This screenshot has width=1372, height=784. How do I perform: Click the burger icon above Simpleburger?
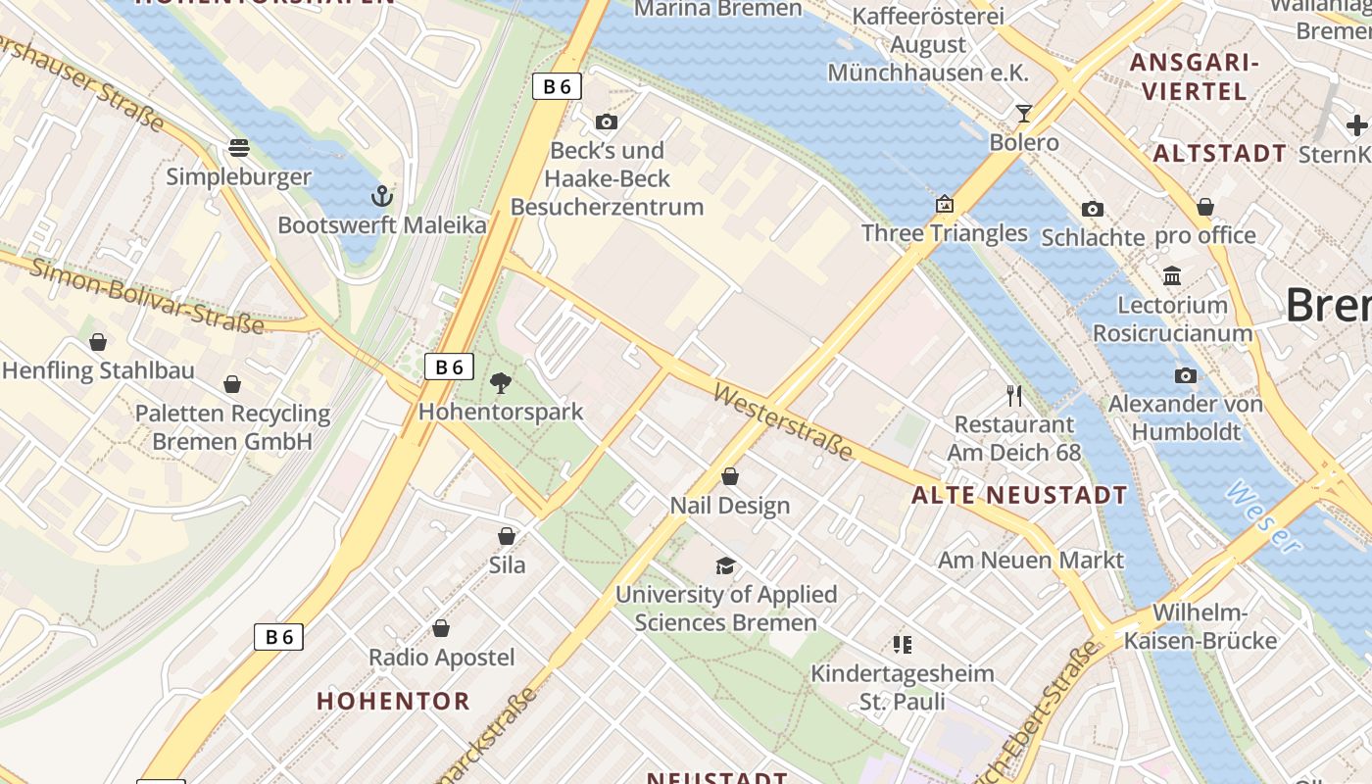pos(239,148)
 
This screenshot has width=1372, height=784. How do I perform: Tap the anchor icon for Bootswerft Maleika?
pos(381,196)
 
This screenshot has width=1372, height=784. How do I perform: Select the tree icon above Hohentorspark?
pos(501,383)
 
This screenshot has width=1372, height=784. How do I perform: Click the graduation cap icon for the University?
pos(725,565)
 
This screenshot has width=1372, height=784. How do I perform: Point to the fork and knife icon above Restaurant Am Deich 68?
pos(1014,396)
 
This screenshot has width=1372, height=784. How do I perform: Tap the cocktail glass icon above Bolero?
pos(1024,114)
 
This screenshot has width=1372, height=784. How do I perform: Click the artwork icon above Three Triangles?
pos(945,204)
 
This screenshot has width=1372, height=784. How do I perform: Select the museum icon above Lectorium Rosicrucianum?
pos(1172,275)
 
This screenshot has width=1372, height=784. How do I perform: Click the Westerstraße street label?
pos(783,421)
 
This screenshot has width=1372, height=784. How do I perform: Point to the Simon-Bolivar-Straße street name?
pos(147,295)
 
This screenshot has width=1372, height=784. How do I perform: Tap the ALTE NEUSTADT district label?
pos(1019,495)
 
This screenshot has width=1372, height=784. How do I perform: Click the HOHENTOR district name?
pos(393,701)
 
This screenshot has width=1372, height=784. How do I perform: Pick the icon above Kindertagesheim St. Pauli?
pos(903,645)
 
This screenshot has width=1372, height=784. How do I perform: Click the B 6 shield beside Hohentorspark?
pos(449,367)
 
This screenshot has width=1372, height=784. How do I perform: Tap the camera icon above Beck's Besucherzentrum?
pos(607,122)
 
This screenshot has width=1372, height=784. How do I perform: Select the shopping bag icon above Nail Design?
pos(730,476)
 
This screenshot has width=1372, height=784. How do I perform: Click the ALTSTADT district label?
pos(1219,153)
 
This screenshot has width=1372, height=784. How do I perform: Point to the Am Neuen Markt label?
pos(1030,560)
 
